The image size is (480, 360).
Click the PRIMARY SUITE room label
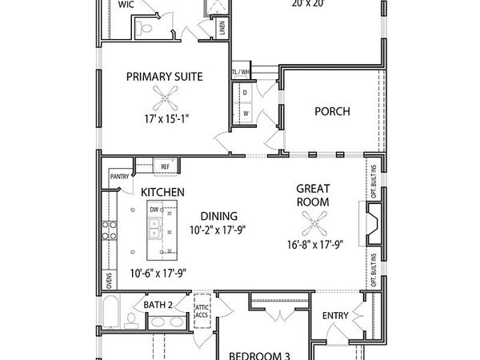tap(164, 77)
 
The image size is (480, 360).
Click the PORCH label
tap(332, 111)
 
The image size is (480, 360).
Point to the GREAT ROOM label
tap(313, 196)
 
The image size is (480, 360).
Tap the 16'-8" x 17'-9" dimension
tap(313, 244)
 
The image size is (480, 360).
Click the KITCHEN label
tap(163, 193)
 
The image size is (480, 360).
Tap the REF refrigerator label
tap(165, 166)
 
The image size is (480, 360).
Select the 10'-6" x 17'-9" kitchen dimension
tap(158, 273)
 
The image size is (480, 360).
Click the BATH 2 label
tap(158, 305)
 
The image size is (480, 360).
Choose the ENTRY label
tap(335, 315)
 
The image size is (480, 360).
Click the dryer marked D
tap(246, 93)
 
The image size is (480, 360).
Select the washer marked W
tap(246, 113)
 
